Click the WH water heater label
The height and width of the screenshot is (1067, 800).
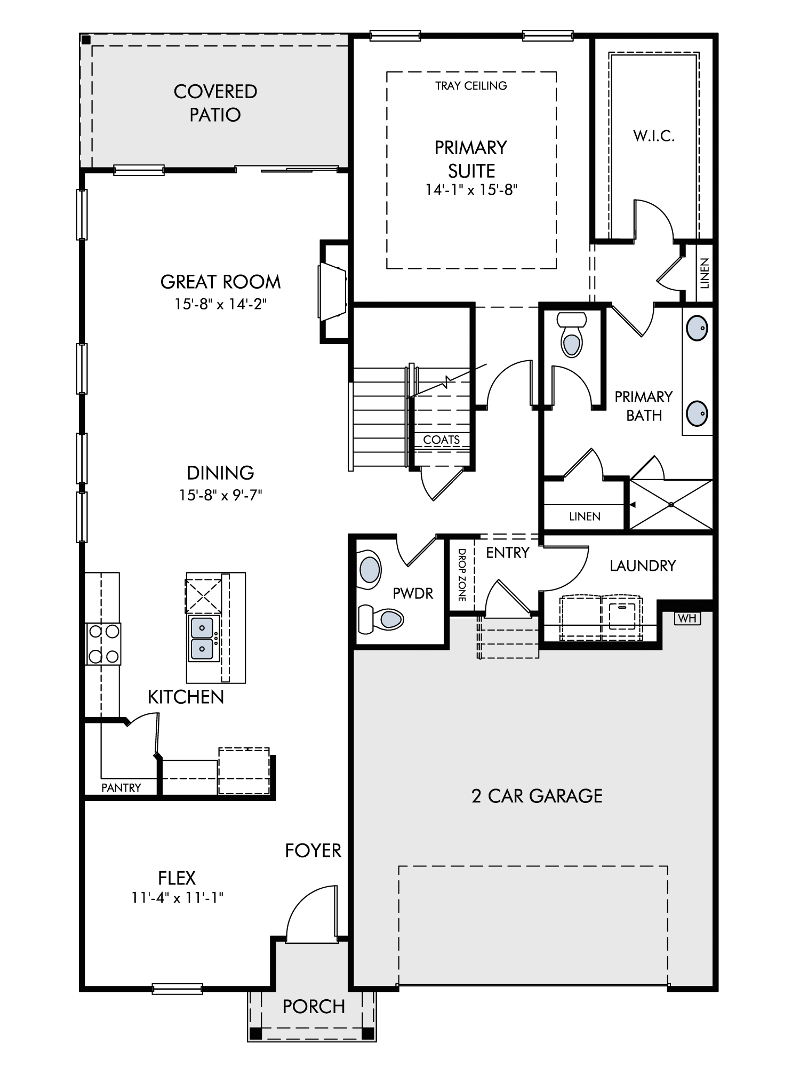pos(687,618)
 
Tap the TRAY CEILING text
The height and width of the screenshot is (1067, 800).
pos(471,86)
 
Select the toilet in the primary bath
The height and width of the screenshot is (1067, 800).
pos(571,334)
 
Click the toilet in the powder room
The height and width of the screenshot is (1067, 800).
pos(381,619)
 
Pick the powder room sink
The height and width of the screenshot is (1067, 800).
pos(370,570)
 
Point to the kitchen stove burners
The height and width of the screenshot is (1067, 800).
pos(103,644)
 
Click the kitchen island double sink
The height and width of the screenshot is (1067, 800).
pos(202,638)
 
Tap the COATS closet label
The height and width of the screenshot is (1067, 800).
pos(442,440)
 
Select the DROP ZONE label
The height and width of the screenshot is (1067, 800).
pos(462,575)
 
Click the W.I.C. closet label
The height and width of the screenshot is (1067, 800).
pos(654,136)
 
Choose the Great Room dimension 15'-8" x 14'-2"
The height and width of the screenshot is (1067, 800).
pos(220,304)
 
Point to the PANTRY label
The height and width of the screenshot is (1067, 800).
pos(121,787)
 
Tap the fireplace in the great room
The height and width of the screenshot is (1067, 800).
pos(333,291)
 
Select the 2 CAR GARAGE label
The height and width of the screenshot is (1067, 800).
pos(537,796)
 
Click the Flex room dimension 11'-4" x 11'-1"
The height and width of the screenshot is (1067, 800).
pos(177,898)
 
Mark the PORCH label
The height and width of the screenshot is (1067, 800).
pos(314,1007)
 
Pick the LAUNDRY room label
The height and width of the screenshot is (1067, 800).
pos(643,566)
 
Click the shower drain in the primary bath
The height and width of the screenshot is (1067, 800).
pos(671,504)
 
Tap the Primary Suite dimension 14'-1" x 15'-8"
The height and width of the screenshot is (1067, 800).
pos(471,190)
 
